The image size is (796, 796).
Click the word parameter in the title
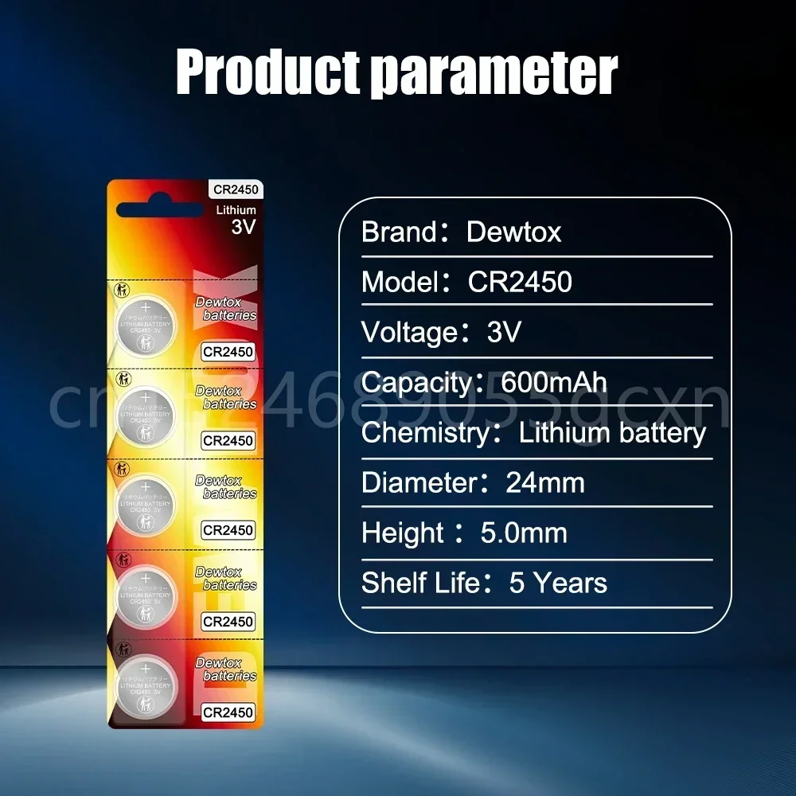494,73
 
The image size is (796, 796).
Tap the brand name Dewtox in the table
513,232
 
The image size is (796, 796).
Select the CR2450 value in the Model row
520,283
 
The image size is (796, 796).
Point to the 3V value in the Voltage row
503,332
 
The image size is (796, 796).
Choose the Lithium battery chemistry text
612,433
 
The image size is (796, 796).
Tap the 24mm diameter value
545,483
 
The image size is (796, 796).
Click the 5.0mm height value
524,533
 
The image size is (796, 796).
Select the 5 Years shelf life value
558,583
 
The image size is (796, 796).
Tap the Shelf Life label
420,583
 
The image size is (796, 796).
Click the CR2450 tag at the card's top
236,189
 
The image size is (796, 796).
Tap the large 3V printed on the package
243,226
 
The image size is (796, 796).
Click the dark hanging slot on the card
160,210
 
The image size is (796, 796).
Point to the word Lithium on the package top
236,210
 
